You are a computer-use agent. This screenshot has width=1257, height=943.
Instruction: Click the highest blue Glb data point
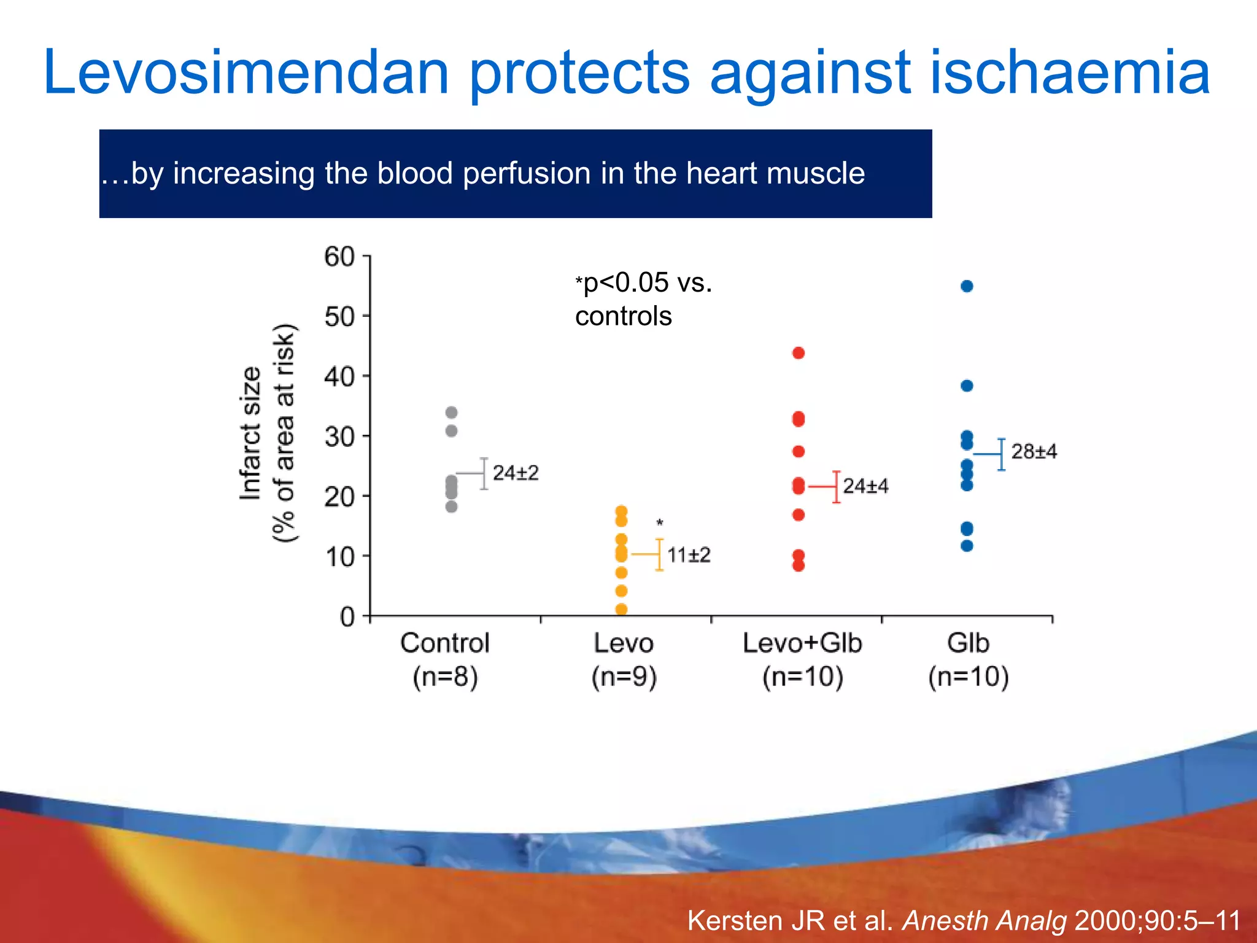pos(967,286)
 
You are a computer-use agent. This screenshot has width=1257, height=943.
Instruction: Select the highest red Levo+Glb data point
pos(799,353)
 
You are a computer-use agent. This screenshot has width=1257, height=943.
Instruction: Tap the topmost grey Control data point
pos(451,413)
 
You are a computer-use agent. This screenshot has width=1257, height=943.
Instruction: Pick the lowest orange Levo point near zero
pos(621,609)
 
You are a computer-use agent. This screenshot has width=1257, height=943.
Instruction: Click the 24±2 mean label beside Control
pos(516,473)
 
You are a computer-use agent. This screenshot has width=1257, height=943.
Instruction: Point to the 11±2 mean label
pos(689,555)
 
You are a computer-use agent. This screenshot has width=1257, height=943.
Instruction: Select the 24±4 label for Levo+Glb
pos(865,486)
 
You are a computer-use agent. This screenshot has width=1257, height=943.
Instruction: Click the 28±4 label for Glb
pos(1034,452)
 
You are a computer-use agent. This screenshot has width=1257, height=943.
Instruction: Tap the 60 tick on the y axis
pos(339,257)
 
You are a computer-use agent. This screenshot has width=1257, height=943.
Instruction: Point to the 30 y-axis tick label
pos(339,437)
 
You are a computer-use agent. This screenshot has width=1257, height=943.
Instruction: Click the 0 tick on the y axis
pos(347,616)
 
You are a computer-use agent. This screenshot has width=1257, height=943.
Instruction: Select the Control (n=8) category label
pos(445,660)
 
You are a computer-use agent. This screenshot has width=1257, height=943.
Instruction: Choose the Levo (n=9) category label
pos(624,660)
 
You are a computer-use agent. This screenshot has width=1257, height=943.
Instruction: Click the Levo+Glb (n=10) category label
pos(802,660)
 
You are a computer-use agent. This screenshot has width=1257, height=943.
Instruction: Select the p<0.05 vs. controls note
pos(643,300)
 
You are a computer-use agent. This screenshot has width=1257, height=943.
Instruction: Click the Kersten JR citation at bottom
pos(964,920)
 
